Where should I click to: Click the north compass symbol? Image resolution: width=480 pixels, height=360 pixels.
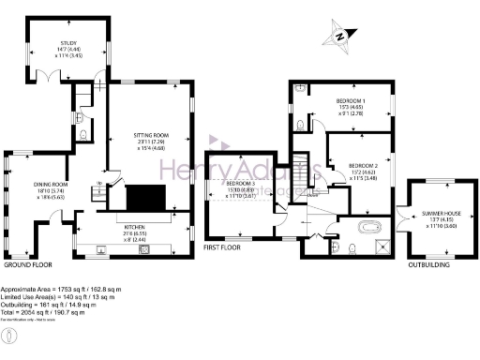pyautogui.click(x=339, y=37)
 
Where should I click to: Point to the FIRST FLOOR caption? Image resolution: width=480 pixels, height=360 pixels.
pyautogui.click(x=221, y=248)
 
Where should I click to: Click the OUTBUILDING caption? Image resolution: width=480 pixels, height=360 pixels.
pyautogui.click(x=427, y=265)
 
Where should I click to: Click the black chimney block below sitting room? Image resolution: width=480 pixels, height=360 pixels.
pyautogui.click(x=146, y=198)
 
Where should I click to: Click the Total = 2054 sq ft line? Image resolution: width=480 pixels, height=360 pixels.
pyautogui.click(x=45, y=310)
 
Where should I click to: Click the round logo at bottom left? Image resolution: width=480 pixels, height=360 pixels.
pyautogui.click(x=9, y=335)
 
